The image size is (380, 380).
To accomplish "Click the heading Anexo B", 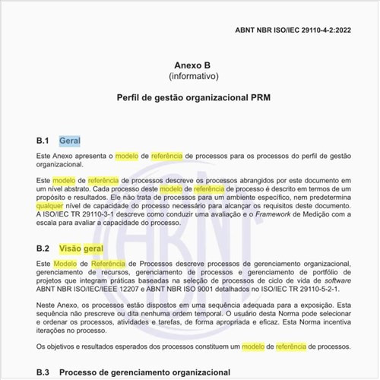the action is [189, 65].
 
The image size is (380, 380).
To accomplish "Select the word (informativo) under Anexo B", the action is [189, 77].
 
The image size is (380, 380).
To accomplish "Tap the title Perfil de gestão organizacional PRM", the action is [189, 100].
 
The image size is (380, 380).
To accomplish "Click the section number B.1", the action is [43, 141].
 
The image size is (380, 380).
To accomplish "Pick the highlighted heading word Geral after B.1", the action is [70, 141].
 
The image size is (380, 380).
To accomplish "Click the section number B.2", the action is [43, 248].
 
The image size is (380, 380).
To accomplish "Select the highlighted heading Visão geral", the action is [81, 248].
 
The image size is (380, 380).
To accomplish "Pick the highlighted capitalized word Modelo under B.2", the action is [68, 262].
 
